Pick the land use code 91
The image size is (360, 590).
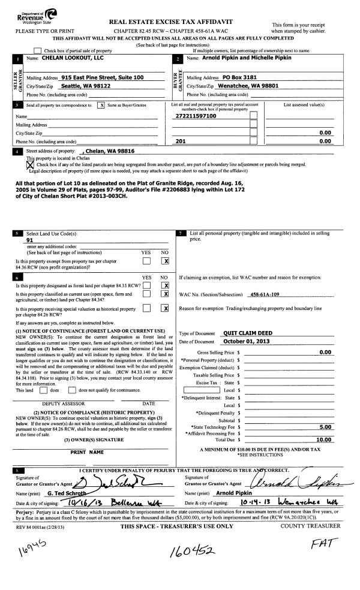[29, 239]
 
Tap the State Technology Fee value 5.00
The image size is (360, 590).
[326, 426]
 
